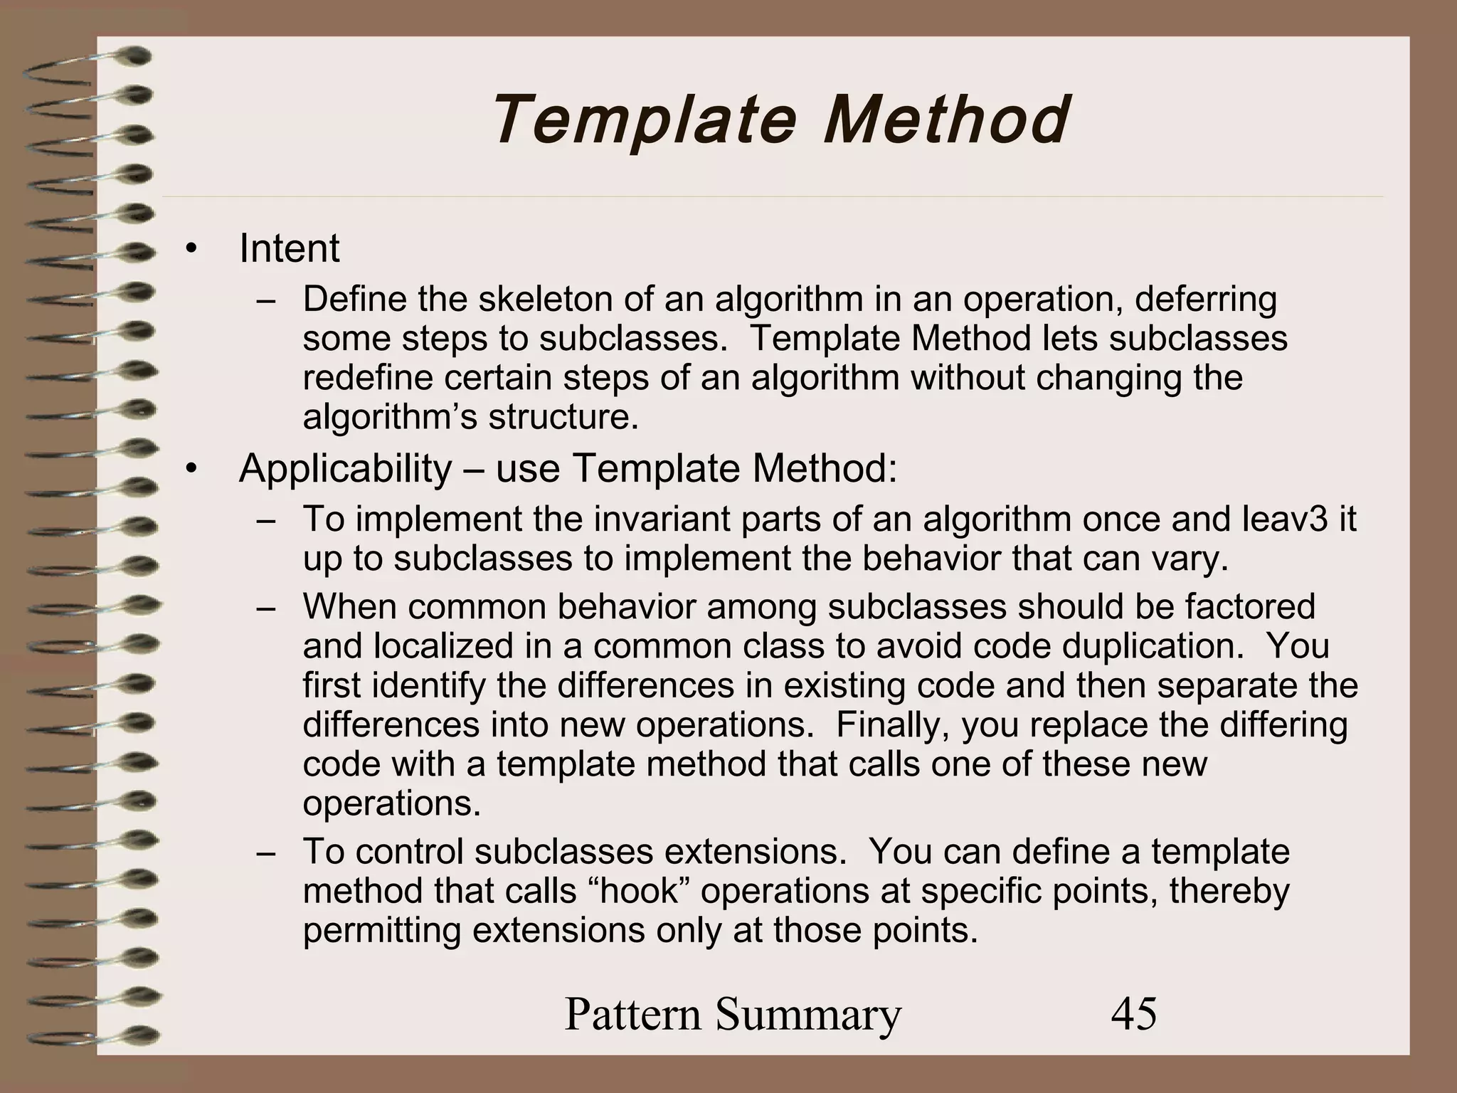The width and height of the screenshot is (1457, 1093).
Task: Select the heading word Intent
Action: click(289, 249)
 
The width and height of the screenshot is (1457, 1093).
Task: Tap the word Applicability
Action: click(345, 469)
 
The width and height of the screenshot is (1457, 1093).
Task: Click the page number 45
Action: click(1134, 1014)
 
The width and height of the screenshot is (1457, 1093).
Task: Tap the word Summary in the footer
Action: click(808, 1014)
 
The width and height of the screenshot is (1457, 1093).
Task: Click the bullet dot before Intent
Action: click(189, 250)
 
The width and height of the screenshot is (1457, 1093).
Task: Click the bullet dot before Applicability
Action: click(189, 470)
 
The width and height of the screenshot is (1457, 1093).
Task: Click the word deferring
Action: click(1205, 300)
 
